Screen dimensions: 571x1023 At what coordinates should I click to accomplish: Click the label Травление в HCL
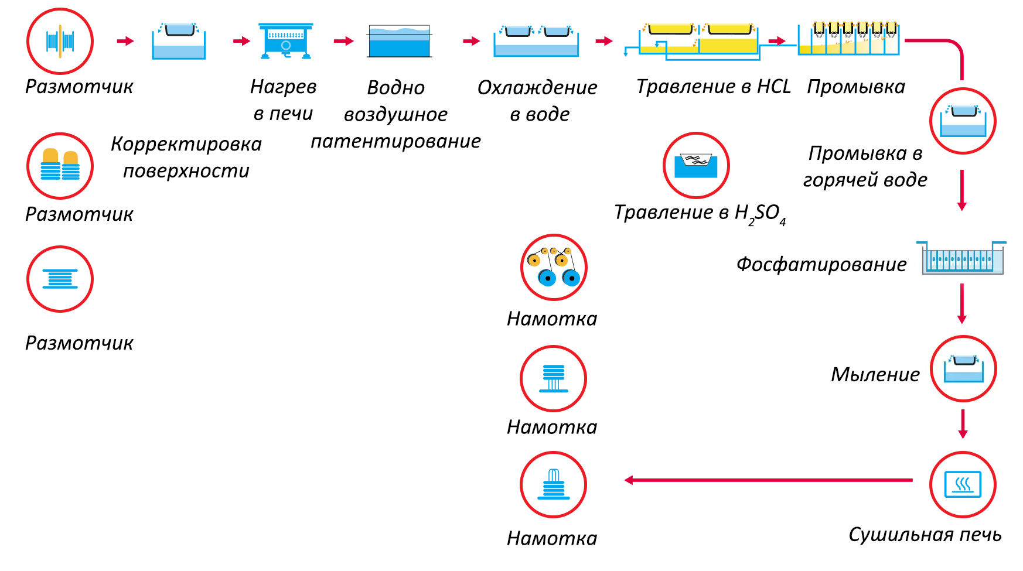click(x=713, y=87)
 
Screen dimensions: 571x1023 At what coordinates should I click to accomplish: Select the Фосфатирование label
click(x=821, y=264)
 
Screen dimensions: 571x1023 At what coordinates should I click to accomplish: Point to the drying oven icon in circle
click(x=963, y=484)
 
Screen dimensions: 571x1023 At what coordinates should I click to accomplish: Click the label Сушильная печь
click(x=925, y=534)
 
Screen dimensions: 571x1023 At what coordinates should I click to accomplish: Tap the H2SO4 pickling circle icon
click(x=696, y=165)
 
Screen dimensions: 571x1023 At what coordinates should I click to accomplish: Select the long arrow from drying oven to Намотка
click(x=768, y=480)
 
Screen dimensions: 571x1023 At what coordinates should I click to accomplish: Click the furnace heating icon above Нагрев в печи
click(x=285, y=41)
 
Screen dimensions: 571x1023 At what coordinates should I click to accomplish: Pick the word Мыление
click(x=875, y=374)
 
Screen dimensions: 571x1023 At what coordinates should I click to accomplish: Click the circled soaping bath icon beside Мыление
click(x=963, y=369)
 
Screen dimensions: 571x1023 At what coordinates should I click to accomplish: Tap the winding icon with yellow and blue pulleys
click(x=554, y=268)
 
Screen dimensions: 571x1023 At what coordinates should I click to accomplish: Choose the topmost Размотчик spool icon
click(x=60, y=41)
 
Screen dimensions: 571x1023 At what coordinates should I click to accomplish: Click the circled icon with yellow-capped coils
click(x=60, y=166)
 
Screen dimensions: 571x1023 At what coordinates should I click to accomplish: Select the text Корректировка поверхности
click(x=186, y=157)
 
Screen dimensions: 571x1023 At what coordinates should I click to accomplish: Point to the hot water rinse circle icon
click(x=963, y=121)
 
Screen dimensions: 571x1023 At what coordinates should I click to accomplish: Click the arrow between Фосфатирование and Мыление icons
click(x=961, y=303)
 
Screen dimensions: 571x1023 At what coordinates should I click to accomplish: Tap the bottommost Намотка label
click(x=552, y=538)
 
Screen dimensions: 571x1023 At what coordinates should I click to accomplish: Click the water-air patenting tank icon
click(x=400, y=41)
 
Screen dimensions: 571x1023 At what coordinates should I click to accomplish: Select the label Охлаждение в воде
click(x=538, y=100)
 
